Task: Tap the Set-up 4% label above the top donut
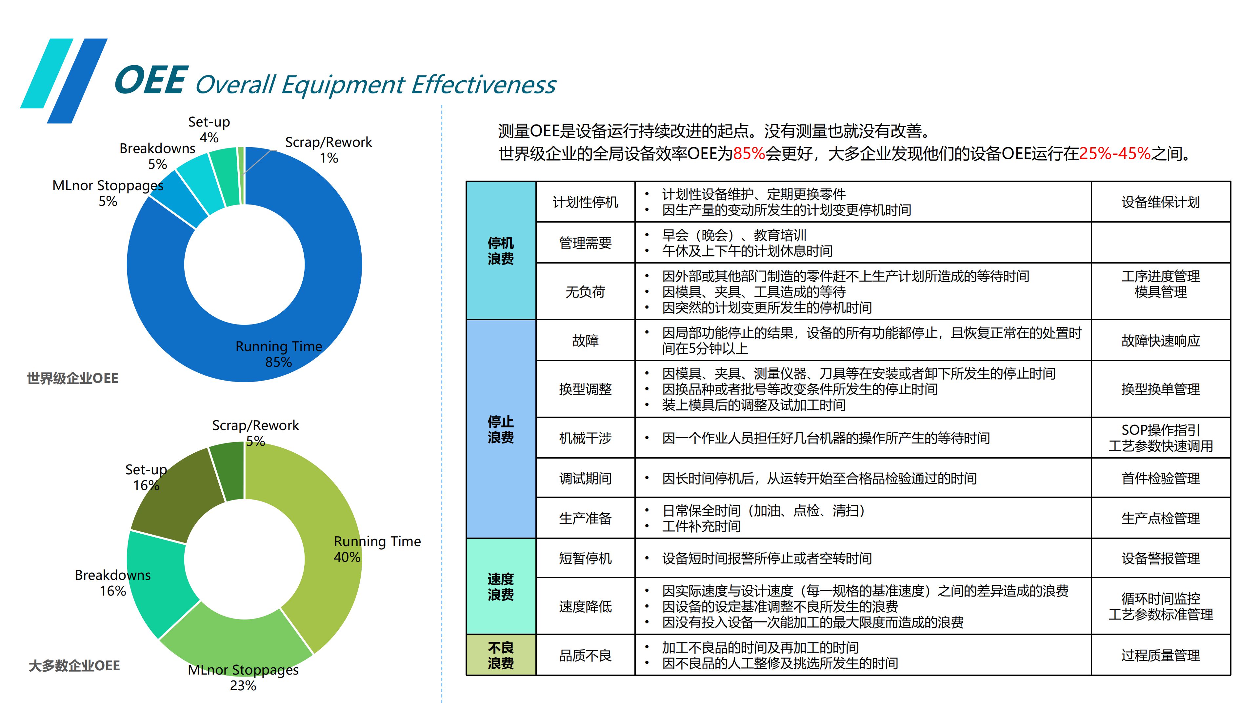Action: pos(209,129)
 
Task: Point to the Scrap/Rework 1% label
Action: pos(329,149)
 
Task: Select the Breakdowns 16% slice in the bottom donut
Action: pos(156,581)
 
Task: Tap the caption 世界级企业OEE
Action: pos(72,378)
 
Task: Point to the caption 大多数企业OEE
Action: pos(74,665)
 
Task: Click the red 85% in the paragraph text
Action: pos(749,154)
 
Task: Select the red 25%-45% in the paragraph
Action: pos(1115,154)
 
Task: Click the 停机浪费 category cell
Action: pos(501,251)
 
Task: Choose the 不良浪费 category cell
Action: pos(501,655)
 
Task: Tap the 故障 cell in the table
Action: pos(586,341)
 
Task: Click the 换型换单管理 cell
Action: pos(1161,389)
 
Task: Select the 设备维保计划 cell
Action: pos(1161,202)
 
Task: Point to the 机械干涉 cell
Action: pos(586,438)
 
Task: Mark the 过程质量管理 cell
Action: pos(1161,655)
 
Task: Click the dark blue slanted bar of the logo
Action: pos(77,81)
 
